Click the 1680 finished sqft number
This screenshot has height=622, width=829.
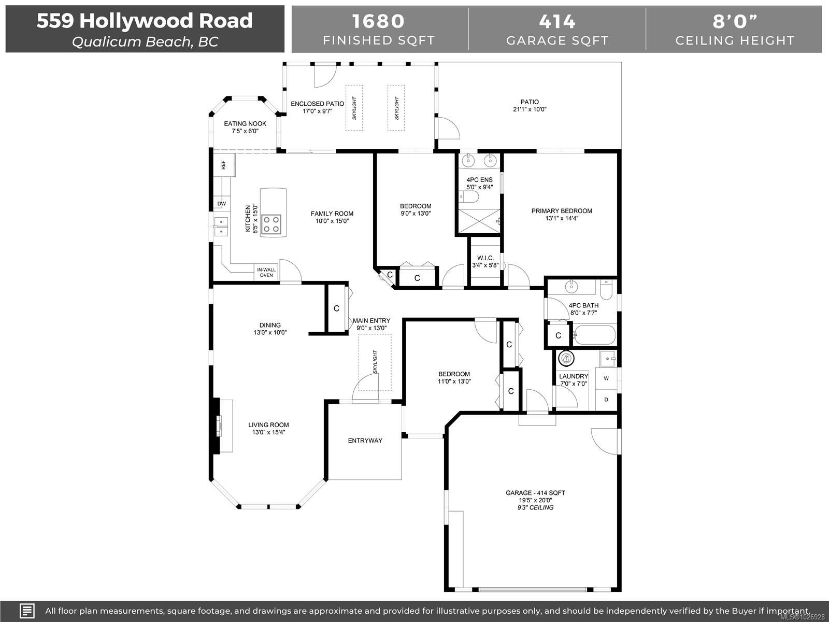(378, 21)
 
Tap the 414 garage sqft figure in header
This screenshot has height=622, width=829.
(557, 21)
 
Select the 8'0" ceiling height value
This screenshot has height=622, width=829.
(735, 21)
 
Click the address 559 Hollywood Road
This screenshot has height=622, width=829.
(145, 21)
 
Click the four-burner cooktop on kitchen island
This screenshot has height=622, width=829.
(271, 224)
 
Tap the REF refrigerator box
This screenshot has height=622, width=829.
(224, 165)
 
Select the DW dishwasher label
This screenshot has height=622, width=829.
(222, 204)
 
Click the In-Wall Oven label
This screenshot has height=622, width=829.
(266, 272)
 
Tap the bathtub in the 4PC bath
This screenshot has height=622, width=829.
(594, 334)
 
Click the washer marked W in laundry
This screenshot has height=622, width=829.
(606, 378)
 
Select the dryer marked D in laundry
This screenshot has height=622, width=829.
(606, 400)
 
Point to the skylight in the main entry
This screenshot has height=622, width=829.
(375, 362)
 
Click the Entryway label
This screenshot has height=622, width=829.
(365, 441)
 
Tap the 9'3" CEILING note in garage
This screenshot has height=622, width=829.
(536, 507)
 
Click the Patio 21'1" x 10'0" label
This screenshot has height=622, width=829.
(530, 105)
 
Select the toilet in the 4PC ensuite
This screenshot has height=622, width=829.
(469, 196)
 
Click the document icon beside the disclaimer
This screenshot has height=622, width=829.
(27, 611)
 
